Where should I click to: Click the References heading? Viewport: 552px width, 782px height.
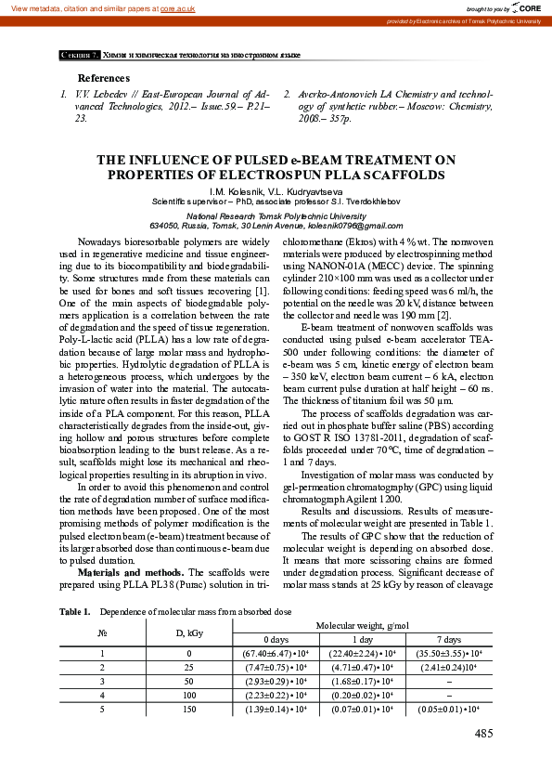[x=104, y=78]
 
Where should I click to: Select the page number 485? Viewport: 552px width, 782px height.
[x=482, y=735]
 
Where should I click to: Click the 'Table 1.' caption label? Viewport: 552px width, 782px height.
[x=74, y=612]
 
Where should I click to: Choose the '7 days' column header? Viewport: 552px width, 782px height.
[x=450, y=639]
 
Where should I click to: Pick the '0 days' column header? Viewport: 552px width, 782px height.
[x=276, y=639]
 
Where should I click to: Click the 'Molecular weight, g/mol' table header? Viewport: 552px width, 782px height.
[x=363, y=626]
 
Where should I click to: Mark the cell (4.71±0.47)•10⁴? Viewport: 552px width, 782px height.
[x=363, y=667]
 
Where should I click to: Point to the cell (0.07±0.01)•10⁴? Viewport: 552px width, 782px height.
[x=363, y=709]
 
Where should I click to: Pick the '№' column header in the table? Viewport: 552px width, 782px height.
[x=102, y=632]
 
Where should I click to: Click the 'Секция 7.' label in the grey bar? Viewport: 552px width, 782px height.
[x=80, y=56]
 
